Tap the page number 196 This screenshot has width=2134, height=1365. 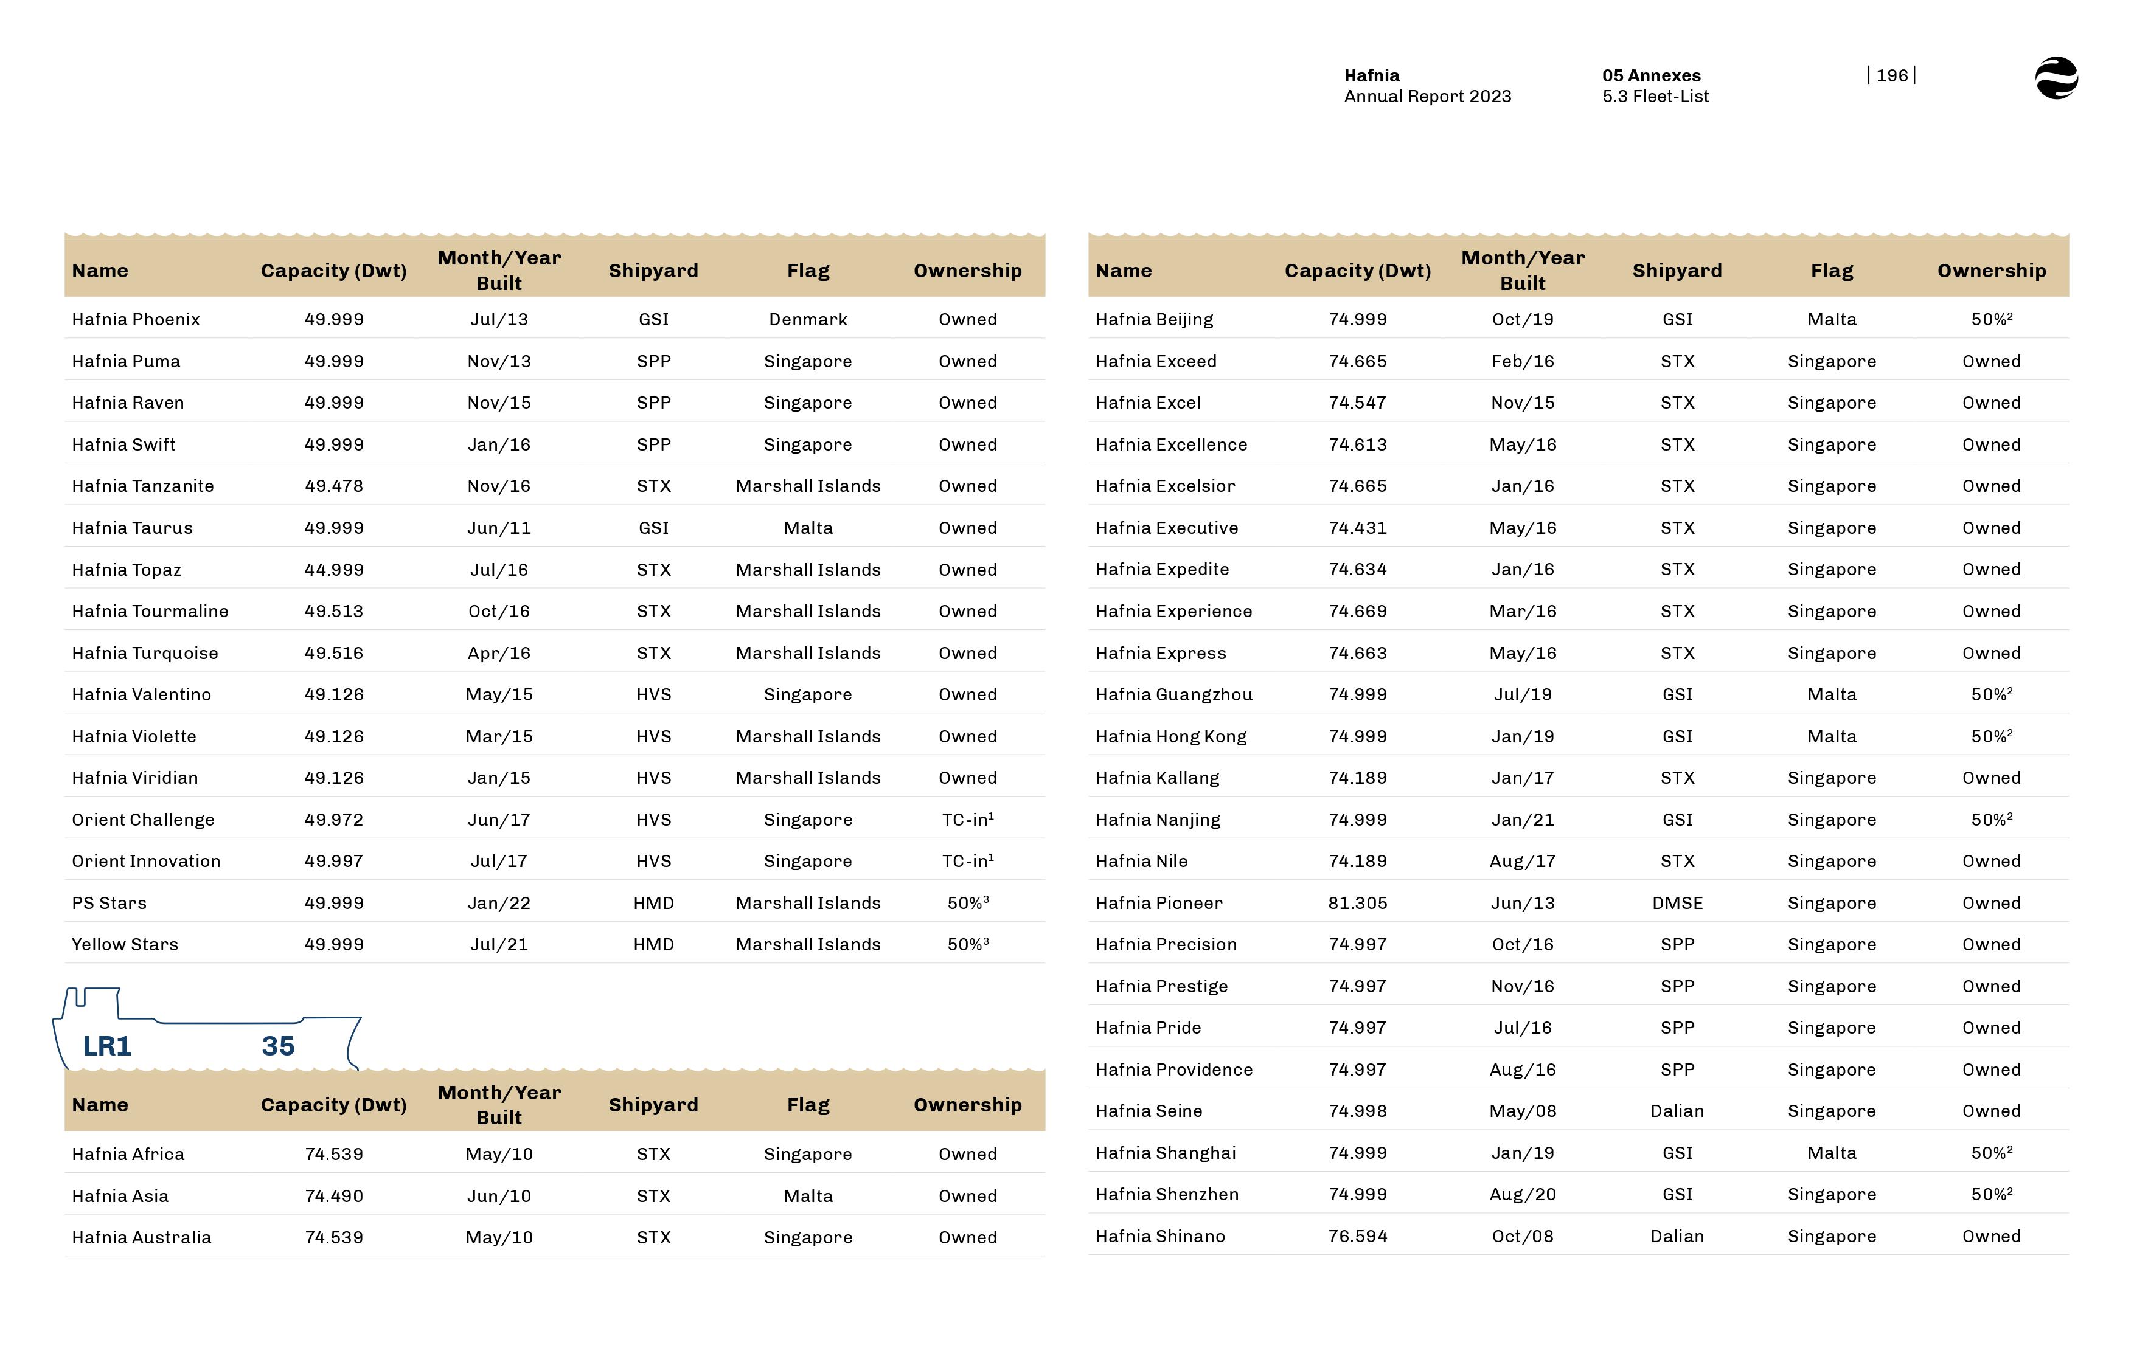coord(1891,75)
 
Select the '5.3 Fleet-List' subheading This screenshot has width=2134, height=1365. coord(1655,97)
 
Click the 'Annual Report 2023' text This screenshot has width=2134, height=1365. coord(1427,97)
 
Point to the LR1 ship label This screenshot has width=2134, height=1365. coord(107,1046)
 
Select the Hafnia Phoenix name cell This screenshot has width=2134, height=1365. coord(136,319)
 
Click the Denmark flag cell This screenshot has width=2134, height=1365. coord(808,319)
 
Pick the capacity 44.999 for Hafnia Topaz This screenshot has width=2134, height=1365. coord(333,570)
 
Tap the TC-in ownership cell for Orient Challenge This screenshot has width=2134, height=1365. coord(967,820)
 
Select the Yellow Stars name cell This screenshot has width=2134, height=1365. coord(125,945)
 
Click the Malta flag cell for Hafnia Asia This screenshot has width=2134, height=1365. coord(808,1197)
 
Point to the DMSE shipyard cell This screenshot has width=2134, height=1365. coord(1677,903)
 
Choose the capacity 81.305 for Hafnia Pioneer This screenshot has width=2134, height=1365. coord(1357,903)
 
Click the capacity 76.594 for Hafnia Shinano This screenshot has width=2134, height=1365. coord(1357,1237)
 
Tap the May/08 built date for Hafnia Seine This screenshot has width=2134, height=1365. coord(1522,1111)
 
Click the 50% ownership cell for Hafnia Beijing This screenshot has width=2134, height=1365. coord(1990,319)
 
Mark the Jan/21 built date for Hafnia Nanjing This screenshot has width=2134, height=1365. coord(1522,820)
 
